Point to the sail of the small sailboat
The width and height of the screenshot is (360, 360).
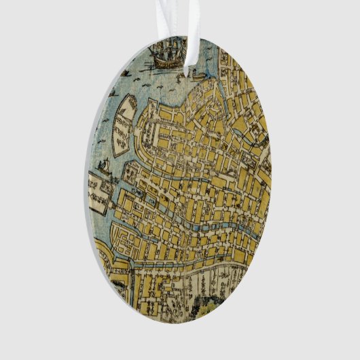click(x=106, y=163)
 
